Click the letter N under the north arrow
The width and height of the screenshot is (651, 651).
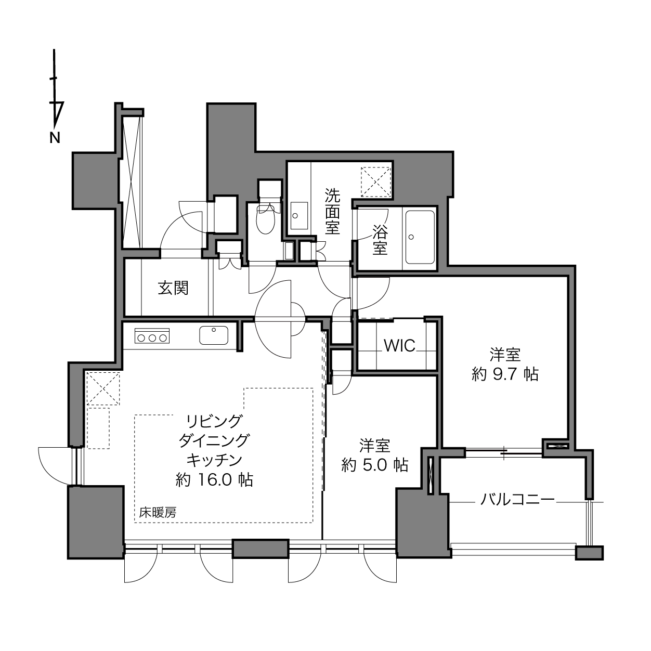click(x=55, y=138)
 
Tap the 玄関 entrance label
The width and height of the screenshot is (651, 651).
click(x=173, y=288)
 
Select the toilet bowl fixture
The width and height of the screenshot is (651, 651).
click(x=266, y=219)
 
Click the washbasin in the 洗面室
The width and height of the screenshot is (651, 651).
click(x=299, y=216)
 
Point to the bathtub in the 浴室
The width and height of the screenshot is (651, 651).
click(x=420, y=237)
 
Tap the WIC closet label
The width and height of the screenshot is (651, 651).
click(x=400, y=346)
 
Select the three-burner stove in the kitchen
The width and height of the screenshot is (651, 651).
click(x=152, y=335)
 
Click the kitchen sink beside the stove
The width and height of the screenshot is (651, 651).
click(x=214, y=335)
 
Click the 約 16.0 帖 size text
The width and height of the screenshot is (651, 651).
click(x=214, y=480)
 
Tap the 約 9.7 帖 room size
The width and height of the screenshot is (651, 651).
click(x=505, y=374)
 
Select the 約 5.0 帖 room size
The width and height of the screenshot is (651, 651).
click(x=375, y=465)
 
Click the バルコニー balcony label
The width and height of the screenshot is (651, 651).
click(x=517, y=499)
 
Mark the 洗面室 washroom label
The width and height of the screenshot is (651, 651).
click(x=332, y=211)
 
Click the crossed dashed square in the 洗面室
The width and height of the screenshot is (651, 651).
click(x=375, y=181)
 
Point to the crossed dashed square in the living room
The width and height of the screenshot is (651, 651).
click(x=103, y=388)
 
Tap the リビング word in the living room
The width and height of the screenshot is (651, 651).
click(x=214, y=421)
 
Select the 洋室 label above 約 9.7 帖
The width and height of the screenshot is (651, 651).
click(x=505, y=355)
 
